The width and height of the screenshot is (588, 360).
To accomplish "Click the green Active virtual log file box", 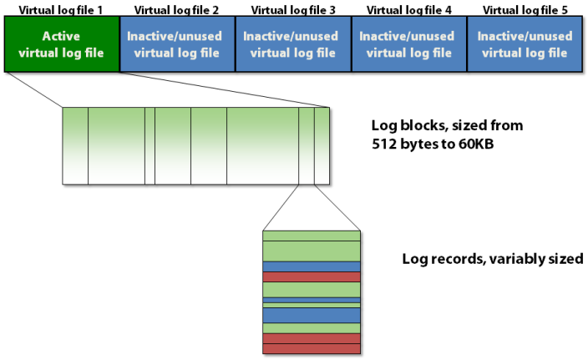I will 61,44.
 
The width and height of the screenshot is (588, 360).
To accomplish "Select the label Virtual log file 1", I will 61,9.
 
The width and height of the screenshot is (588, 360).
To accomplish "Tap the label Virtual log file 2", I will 177,9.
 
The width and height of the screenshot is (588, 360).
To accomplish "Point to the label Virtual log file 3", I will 293,9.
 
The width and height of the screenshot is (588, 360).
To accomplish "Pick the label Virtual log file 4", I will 408,9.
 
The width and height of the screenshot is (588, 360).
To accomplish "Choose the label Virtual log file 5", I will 525,9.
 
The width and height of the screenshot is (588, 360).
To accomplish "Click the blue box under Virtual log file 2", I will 177,44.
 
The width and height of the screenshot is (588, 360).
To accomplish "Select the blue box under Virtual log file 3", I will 293,44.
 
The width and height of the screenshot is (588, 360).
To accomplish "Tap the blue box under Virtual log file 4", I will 408,44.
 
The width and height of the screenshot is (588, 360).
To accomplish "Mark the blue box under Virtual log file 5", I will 525,44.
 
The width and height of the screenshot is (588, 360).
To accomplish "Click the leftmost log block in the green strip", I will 75,145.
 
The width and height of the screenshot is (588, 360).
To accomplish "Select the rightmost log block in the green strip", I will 322,145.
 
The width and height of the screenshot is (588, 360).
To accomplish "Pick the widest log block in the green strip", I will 262,145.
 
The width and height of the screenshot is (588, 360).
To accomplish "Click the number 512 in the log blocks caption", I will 385,143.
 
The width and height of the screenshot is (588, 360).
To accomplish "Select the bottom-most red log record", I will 312,348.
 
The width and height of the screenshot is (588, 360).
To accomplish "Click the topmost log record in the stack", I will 312,235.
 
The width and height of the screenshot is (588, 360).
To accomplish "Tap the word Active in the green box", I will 61,37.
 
